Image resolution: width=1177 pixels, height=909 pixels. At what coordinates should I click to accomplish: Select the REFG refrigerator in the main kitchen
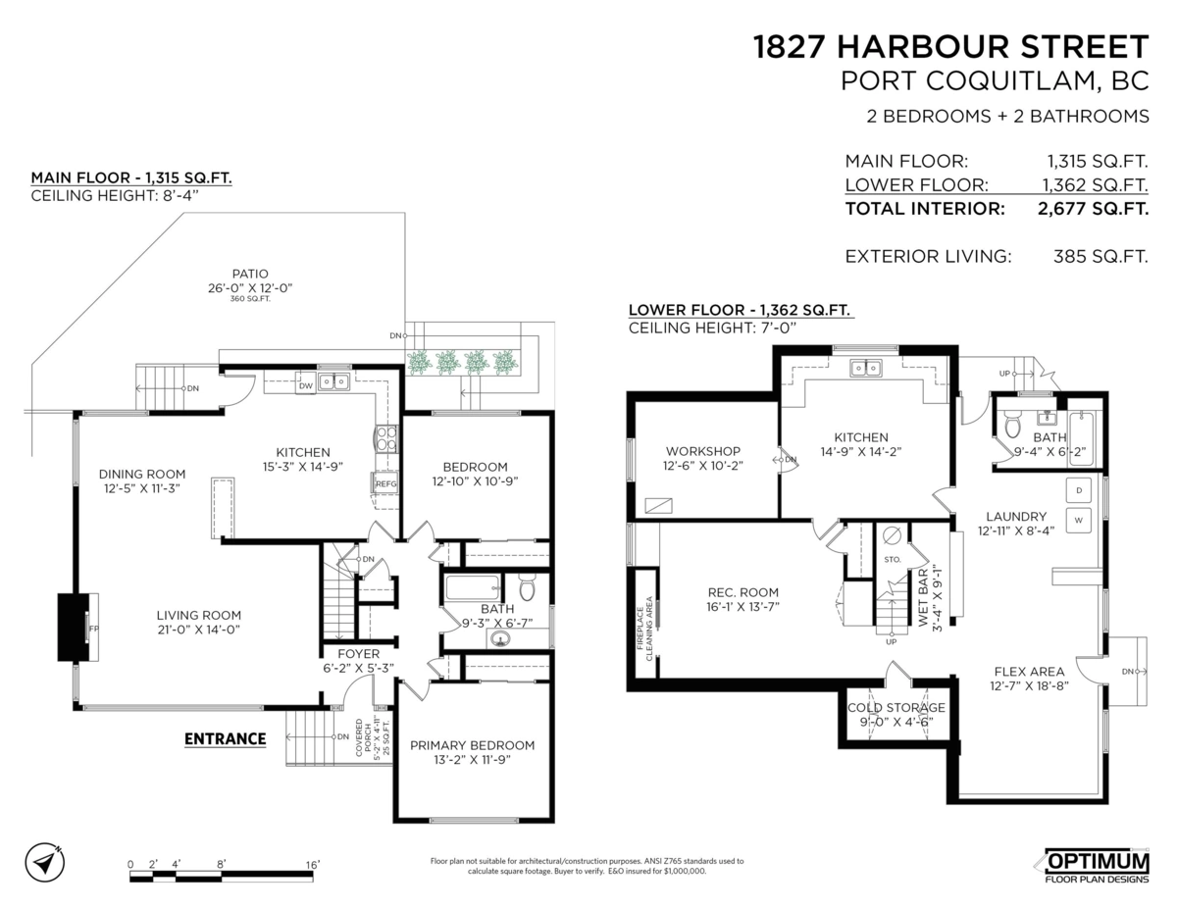click(384, 482)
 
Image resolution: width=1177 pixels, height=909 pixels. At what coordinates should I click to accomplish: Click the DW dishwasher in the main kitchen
click(305, 386)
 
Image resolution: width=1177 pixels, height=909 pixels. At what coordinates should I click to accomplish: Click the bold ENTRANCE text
click(226, 738)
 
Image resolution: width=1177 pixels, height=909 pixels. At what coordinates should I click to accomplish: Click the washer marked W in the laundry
click(1078, 518)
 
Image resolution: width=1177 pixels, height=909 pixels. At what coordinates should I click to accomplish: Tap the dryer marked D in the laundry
click(1078, 489)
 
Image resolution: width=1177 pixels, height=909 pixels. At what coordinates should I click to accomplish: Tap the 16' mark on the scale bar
click(312, 864)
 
